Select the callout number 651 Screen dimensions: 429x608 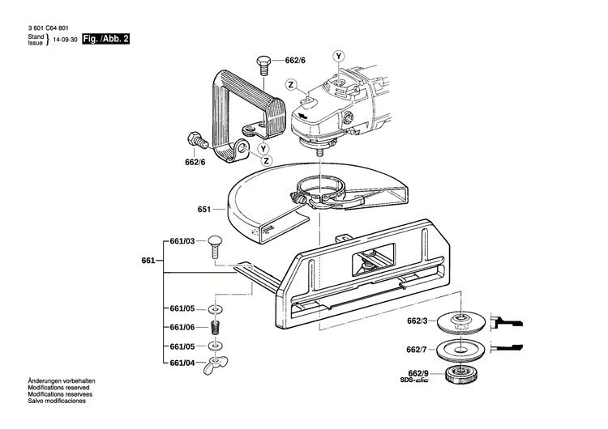point(204,210)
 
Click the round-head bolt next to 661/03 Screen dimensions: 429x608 point(215,242)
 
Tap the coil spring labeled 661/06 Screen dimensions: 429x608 point(216,328)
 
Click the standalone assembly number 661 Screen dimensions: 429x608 point(148,261)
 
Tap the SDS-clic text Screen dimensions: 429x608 point(417,381)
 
